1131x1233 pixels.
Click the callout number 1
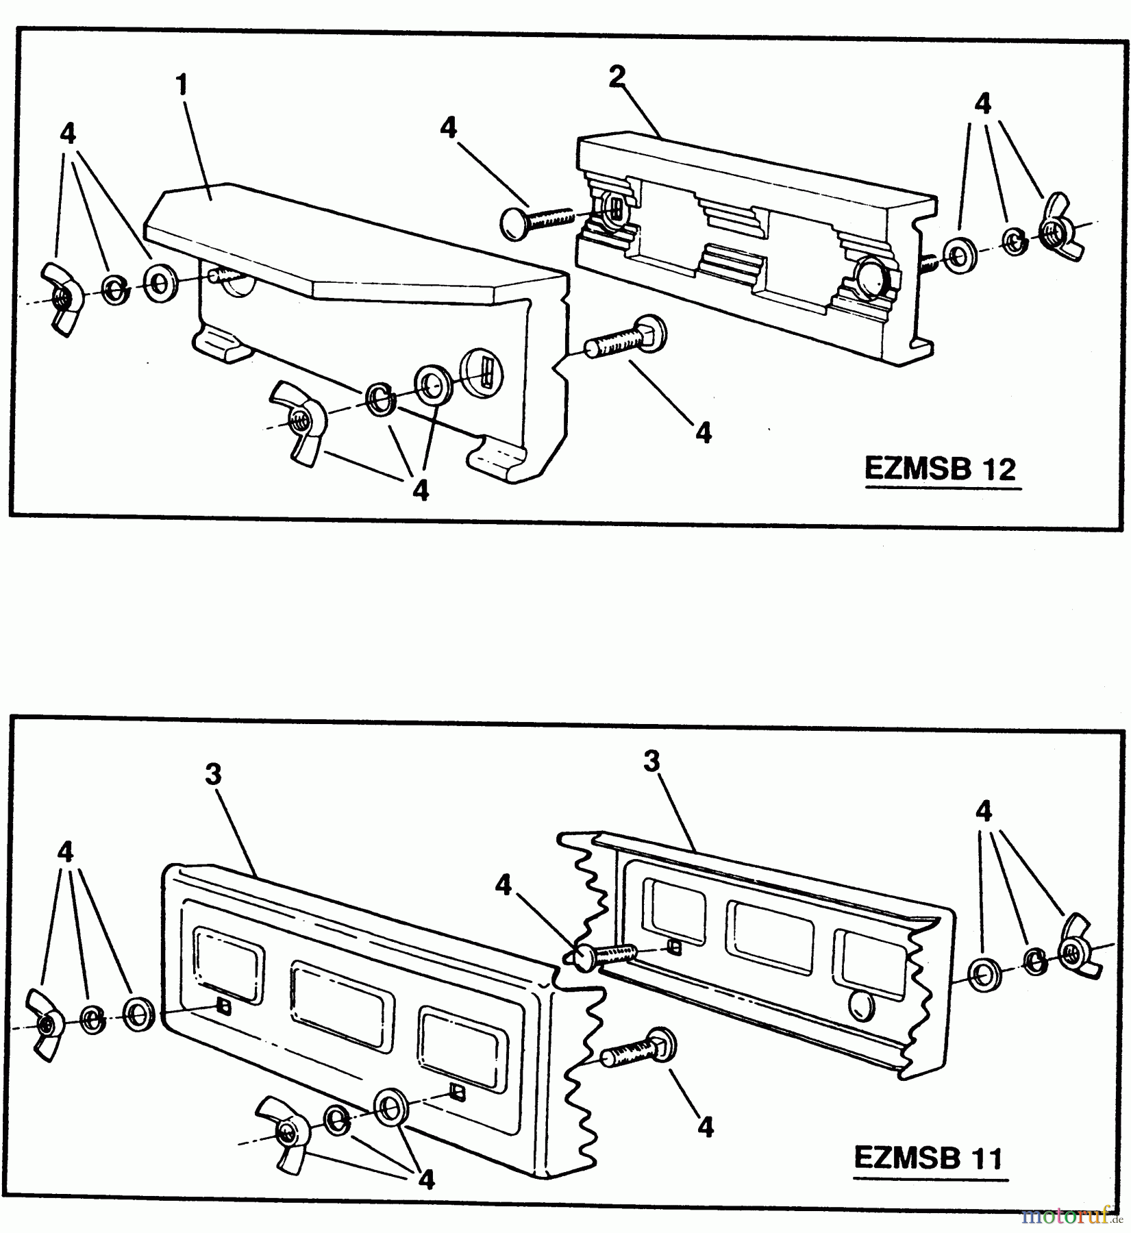(x=182, y=86)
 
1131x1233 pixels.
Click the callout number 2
(x=617, y=77)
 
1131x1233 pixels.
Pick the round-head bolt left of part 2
(x=534, y=221)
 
